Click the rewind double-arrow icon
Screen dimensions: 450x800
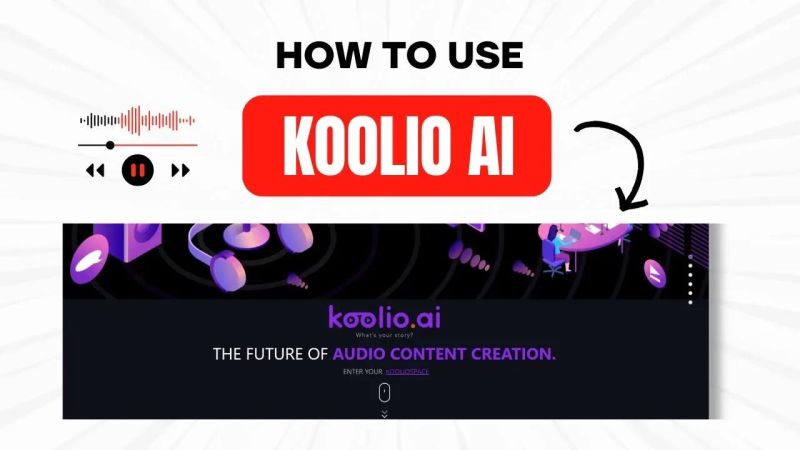96,170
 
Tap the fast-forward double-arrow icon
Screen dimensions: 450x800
180,170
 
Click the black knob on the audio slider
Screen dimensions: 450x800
110,145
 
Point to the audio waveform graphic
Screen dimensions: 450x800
138,120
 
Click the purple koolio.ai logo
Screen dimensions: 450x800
385,318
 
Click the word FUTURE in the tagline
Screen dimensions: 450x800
283,354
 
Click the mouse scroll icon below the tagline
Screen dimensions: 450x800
385,392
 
